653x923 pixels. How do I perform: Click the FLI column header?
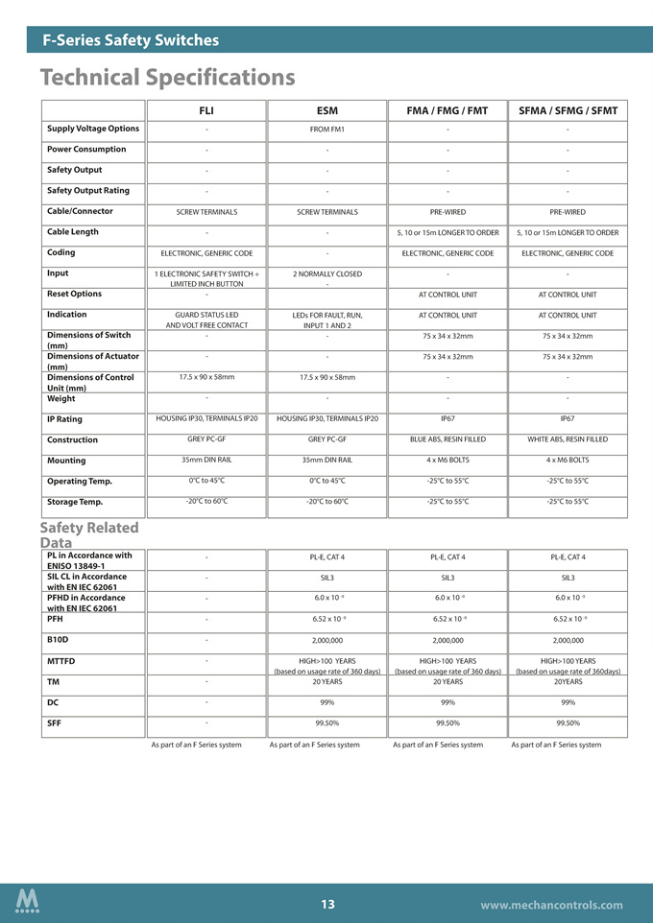[206, 110]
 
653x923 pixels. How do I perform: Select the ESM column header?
[326, 110]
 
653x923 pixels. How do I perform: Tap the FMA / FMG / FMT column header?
[447, 110]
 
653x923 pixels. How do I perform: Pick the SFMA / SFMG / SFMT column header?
[568, 110]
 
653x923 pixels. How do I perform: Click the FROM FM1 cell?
[326, 130]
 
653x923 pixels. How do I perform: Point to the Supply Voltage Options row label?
[93, 129]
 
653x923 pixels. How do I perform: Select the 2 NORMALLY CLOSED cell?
[326, 274]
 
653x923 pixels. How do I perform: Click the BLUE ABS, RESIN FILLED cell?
[447, 439]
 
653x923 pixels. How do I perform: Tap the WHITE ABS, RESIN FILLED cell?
[568, 439]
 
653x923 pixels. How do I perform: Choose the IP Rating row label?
[64, 419]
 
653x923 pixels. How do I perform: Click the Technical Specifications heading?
[168, 76]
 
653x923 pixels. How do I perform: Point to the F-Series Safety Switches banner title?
[131, 40]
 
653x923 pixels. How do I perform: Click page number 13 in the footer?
[327, 904]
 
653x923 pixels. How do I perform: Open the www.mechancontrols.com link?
[551, 905]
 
